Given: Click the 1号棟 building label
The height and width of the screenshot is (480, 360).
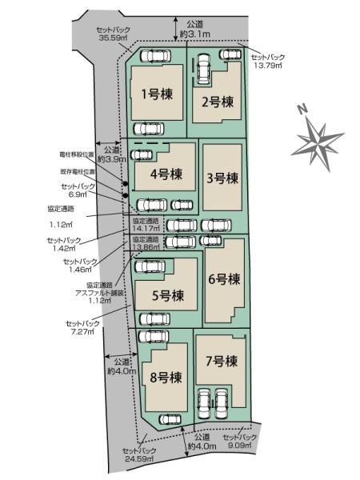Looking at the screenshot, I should tap(155, 94).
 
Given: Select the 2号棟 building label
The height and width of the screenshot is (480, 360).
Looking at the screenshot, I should tap(217, 102).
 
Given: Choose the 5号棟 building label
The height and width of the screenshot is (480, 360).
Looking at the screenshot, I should tap(168, 295).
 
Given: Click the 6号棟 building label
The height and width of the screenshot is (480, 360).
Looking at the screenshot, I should tap(224, 279).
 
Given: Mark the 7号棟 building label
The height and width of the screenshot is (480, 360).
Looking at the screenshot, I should tap(221, 362).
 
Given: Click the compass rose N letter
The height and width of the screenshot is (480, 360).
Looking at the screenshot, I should tap(302, 109).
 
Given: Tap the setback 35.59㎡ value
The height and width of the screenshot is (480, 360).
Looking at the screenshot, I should tap(113, 36).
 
